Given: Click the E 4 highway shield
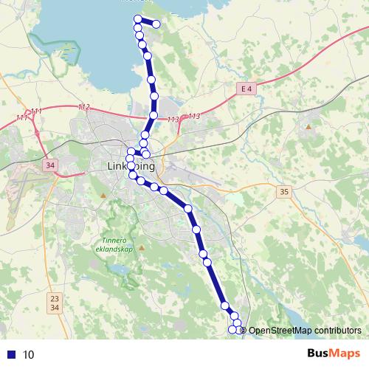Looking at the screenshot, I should click(246, 89).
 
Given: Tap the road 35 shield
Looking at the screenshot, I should click(285, 192).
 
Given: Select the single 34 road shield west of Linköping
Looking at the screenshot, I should click(50, 165).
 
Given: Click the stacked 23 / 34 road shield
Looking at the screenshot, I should click(54, 302).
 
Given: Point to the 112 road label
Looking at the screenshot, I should click(83, 108).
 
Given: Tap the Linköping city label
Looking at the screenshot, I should click(131, 166).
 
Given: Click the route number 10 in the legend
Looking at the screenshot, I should click(28, 354).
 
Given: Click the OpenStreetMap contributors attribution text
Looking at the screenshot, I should click(304, 331).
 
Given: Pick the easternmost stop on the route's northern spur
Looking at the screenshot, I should click(156, 24).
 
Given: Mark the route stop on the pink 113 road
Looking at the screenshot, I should click(153, 115).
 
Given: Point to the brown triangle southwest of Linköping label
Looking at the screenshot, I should click(104, 195).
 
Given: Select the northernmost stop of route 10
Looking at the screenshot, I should click(137, 18).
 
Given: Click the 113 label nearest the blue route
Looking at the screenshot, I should click(173, 120).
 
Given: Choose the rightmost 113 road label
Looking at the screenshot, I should click(194, 117).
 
